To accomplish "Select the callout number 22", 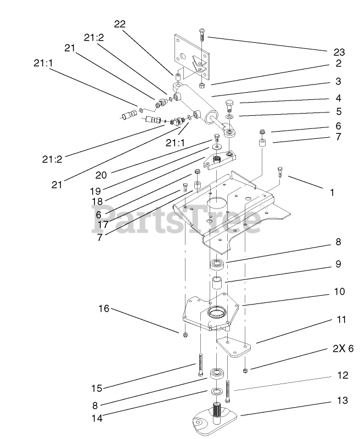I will (120, 24).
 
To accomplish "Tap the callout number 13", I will (342, 401).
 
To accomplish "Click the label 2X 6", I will (342, 348).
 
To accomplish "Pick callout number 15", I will (97, 389).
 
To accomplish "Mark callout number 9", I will (338, 264).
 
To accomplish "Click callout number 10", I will (339, 291).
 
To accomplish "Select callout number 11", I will (341, 319).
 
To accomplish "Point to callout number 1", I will (332, 193).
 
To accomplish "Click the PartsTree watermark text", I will (176, 219).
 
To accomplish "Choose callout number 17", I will (103, 224).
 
